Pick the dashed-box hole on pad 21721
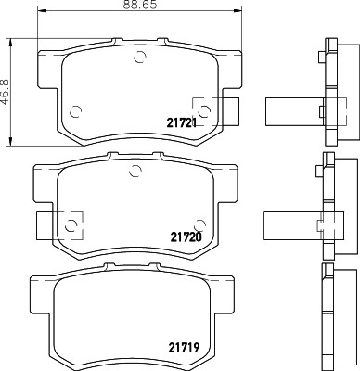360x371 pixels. [204, 108]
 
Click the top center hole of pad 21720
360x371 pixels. [135, 169]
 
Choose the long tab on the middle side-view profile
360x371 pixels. [290, 223]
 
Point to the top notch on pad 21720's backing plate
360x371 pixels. [135, 156]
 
